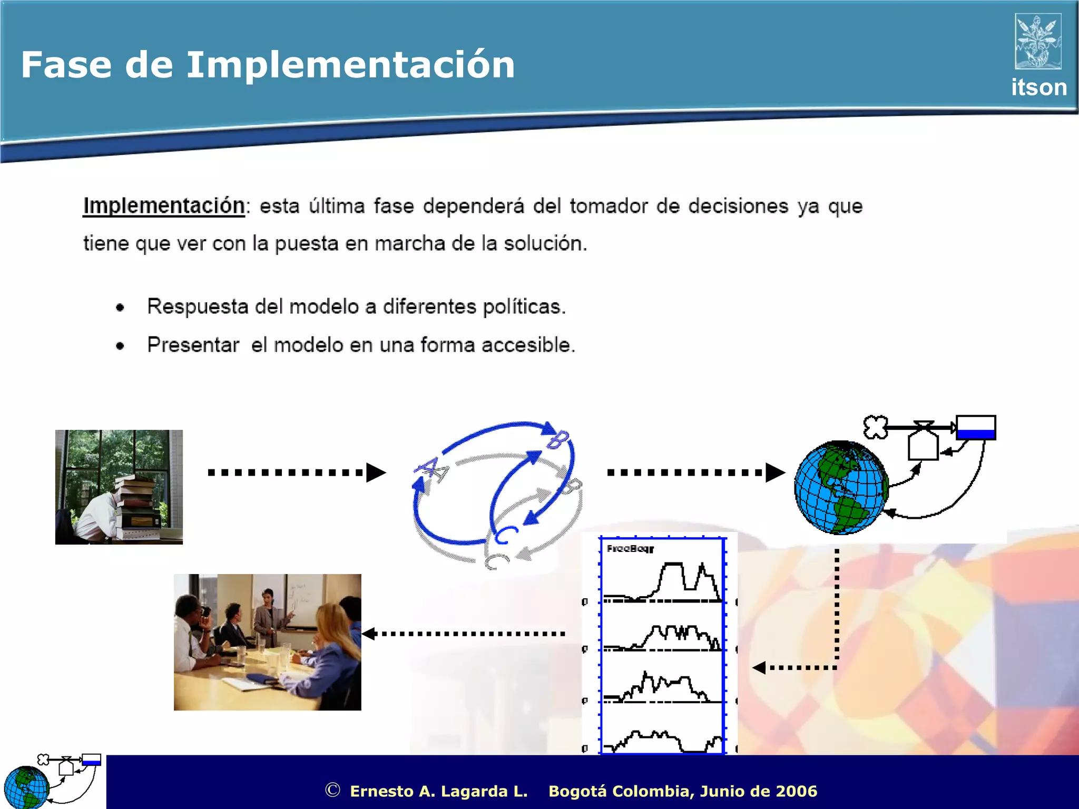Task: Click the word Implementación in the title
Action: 350,65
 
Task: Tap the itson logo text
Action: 1038,87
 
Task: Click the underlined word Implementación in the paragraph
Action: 164,206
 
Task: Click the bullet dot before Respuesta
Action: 120,308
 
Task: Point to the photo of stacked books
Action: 119,487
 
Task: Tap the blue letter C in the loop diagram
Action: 505,535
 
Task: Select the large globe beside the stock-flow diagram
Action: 840,488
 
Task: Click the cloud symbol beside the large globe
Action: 875,427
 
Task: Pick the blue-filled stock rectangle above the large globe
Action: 976,428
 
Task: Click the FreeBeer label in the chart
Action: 630,549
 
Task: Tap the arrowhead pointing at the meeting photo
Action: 369,634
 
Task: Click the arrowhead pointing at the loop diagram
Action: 376,472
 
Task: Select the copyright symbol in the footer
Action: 332,790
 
